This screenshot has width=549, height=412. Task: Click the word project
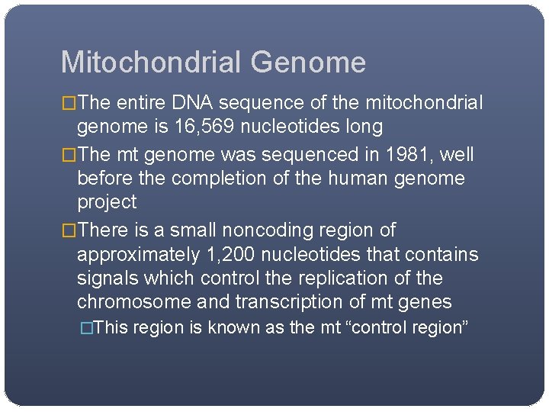click(x=107, y=202)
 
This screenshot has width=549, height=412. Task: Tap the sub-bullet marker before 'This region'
click(x=87, y=328)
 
